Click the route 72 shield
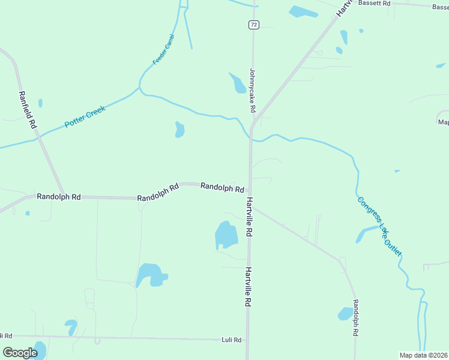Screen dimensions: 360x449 point(254,25)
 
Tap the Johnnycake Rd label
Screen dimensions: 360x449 point(253,90)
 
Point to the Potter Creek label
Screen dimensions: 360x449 point(85,116)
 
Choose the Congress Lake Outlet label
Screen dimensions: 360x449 point(379,226)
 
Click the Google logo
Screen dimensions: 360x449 point(20,353)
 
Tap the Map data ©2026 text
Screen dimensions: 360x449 point(424,355)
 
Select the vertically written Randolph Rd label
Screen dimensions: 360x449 point(355,318)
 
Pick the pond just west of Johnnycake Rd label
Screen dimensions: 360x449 point(237,83)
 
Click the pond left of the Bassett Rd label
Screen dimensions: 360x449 point(303,11)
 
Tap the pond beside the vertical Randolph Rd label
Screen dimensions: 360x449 point(345,313)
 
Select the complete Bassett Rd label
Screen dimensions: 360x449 point(374,3)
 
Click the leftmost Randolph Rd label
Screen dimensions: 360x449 point(59,196)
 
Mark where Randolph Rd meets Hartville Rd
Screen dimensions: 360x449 point(250,191)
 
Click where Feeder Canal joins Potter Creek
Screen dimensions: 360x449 point(140,89)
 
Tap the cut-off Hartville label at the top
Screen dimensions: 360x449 point(342,8)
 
